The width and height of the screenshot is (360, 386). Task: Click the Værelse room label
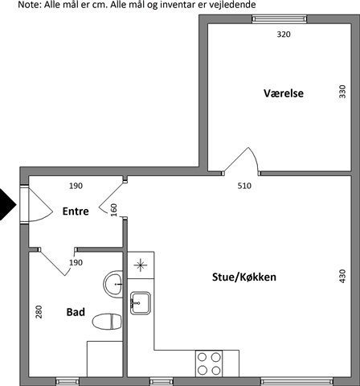point(284,93)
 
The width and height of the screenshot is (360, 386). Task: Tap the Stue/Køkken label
point(244,277)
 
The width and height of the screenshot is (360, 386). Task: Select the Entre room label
point(76,211)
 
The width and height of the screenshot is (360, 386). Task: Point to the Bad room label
point(76,312)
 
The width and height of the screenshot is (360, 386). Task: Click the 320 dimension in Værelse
point(284,35)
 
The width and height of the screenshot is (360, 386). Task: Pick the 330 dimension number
point(342,92)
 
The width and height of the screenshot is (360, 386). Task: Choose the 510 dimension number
point(244,186)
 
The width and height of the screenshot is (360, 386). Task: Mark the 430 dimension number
point(342,276)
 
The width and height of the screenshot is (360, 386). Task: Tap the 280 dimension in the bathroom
point(39,312)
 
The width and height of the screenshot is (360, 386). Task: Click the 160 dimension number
point(114,210)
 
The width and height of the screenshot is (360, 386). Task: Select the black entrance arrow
point(7,204)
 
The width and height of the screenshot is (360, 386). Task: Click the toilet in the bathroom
point(107,322)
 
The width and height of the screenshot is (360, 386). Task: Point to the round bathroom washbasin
point(113,284)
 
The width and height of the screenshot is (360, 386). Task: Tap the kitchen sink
point(141,303)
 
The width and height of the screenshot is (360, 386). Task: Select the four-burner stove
point(209,363)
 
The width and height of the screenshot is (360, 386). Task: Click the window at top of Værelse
point(280,18)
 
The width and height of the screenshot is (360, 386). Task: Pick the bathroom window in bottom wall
point(67,381)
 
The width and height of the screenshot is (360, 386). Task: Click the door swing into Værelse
point(240,159)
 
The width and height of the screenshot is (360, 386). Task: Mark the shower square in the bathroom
point(104,359)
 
